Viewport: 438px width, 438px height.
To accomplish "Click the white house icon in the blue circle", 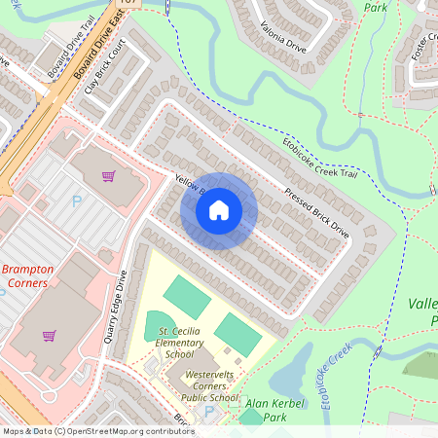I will coord(219,209).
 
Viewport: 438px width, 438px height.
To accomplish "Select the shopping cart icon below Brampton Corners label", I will coord(48,336).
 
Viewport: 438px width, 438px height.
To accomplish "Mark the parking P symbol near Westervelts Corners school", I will coord(208,412).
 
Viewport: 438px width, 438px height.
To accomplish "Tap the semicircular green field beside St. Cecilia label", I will coord(159,324).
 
